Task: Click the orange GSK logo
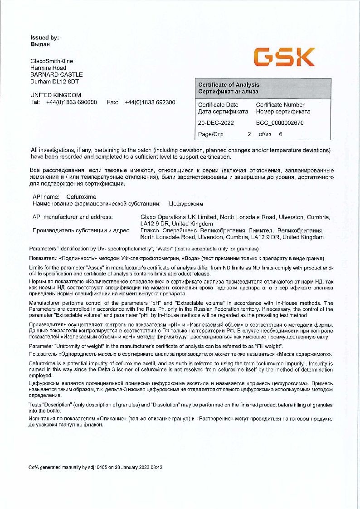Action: coord(284,57)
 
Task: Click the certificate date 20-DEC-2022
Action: coord(216,122)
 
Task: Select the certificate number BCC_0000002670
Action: coord(280,122)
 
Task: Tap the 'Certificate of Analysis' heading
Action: coord(229,85)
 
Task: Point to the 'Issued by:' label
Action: coord(44,38)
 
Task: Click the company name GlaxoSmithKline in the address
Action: coord(51,61)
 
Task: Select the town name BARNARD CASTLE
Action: coord(56,75)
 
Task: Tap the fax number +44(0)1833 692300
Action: coord(150,103)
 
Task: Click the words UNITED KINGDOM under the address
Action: coord(55,95)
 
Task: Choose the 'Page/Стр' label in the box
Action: coord(211,134)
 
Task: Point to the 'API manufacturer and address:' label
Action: coord(73,217)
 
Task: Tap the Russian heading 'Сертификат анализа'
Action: coord(228,92)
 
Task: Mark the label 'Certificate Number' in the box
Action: coord(280,105)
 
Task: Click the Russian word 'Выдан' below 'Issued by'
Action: coord(40,44)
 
